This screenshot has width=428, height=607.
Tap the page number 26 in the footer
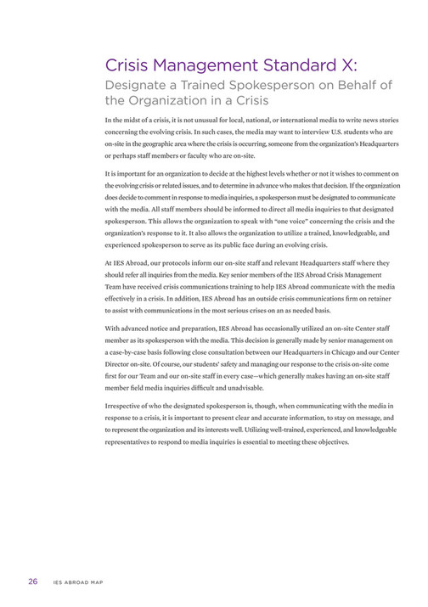(33, 582)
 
